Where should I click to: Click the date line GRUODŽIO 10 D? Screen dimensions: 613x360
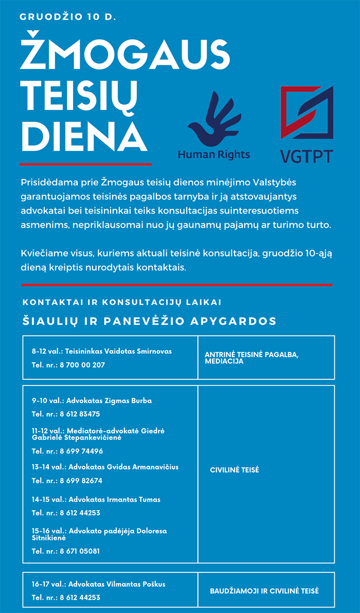68,17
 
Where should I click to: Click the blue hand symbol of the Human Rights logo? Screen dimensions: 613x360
213,120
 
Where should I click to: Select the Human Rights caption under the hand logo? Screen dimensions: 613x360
214,154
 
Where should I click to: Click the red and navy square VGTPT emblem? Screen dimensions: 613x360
307,112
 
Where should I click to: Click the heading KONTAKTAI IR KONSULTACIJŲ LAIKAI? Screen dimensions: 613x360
122,302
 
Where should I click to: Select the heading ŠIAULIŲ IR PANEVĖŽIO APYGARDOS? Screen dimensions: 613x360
150,321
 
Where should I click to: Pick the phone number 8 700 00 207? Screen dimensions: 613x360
82,365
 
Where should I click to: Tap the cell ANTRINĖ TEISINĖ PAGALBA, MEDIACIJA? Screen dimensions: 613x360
251,358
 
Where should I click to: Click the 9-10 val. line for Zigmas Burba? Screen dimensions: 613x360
92,400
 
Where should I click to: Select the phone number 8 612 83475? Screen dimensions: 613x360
80,414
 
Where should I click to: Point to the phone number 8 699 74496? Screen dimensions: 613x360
81,451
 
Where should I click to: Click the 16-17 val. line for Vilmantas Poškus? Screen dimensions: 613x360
98,584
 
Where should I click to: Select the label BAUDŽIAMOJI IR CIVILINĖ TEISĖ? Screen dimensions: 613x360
264,591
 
